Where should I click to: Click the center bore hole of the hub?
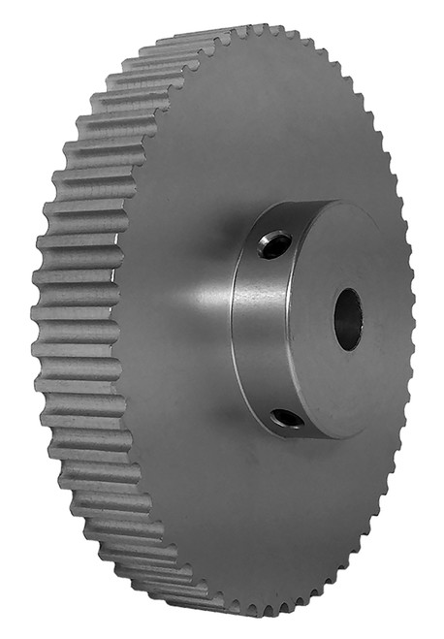(347, 320)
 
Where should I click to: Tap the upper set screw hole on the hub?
(276, 245)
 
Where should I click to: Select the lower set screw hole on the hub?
(287, 418)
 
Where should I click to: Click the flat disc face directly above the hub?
(281, 126)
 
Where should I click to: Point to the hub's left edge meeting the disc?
(233, 320)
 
